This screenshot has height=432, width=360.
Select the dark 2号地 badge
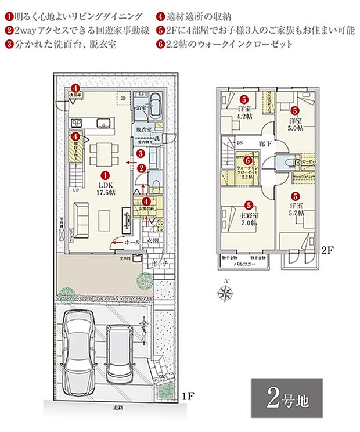287,398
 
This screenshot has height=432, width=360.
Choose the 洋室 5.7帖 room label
296,210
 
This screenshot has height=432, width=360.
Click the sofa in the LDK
80,218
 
